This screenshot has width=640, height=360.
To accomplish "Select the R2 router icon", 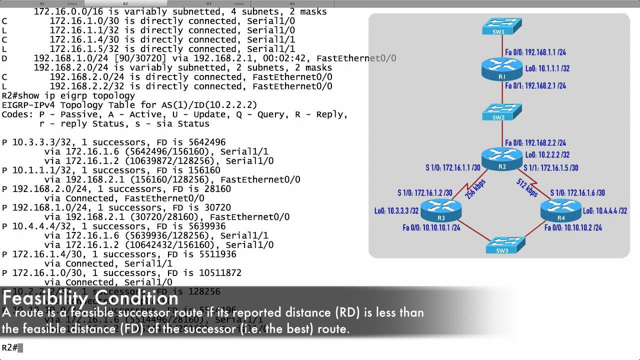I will pyautogui.click(x=502, y=159).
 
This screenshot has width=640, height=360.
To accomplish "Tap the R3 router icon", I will pyautogui.click(x=440, y=210).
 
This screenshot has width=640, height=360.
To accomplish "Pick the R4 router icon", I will pyautogui.click(x=561, y=210).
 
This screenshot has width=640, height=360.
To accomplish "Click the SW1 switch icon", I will pyautogui.click(x=502, y=26).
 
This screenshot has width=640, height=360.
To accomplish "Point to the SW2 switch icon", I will pyautogui.click(x=502, y=112).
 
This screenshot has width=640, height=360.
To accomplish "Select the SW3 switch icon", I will pyautogui.click(x=505, y=245).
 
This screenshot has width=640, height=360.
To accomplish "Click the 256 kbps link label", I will pyautogui.click(x=475, y=189).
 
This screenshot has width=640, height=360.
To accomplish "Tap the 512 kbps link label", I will pyautogui.click(x=527, y=187).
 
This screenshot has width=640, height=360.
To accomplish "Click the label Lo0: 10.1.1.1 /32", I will pyautogui.click(x=547, y=68).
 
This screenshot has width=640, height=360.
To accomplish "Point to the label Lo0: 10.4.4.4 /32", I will pyautogui.click(x=605, y=211).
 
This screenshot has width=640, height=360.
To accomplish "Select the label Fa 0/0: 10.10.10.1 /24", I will pyautogui.click(x=431, y=228).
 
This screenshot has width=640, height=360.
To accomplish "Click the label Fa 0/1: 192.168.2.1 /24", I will pyautogui.click(x=535, y=86).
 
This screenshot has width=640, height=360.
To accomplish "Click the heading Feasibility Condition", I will pyautogui.click(x=90, y=298).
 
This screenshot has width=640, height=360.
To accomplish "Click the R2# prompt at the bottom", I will pyautogui.click(x=9, y=347).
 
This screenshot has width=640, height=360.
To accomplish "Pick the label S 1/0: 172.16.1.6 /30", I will pyautogui.click(x=577, y=193).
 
